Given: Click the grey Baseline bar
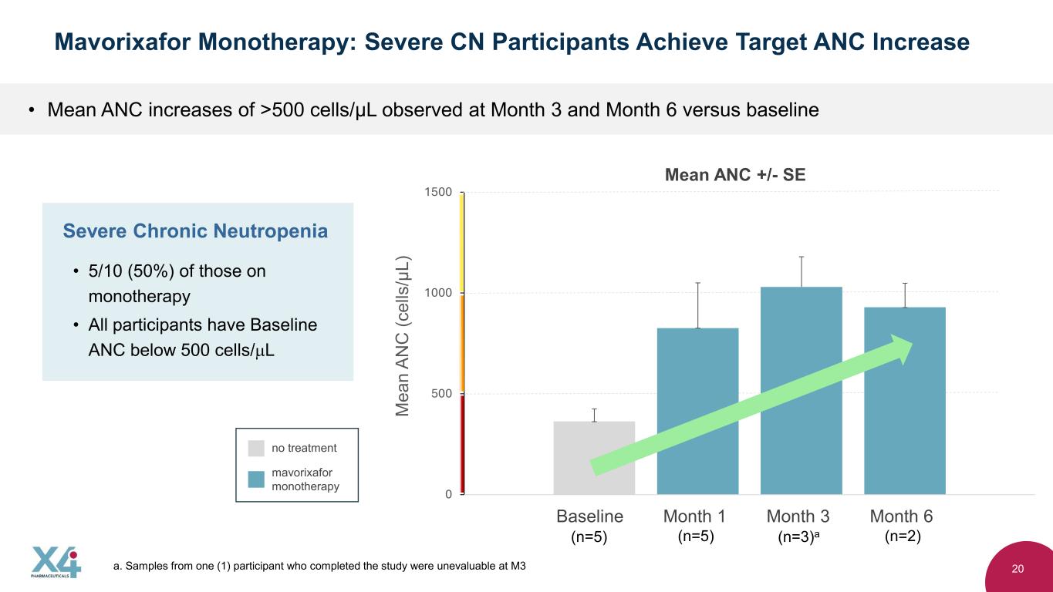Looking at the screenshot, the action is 594,458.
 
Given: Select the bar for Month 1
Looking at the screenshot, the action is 697,411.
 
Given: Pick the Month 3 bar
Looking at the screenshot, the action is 801,391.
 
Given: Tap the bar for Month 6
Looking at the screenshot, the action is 904,401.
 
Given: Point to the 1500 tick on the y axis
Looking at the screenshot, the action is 437,192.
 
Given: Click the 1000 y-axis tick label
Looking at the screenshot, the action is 437,293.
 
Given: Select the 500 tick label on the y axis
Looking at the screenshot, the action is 441,393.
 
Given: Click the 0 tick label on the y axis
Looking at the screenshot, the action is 448,494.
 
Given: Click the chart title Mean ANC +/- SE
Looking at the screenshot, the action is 735,175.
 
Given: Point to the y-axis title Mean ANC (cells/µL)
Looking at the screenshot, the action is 403,336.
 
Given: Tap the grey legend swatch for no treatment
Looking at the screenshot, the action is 256,448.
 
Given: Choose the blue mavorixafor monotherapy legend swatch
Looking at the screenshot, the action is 256,479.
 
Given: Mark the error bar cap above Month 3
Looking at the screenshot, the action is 802,257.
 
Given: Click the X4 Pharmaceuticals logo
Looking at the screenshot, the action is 56,563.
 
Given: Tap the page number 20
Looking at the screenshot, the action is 1018,569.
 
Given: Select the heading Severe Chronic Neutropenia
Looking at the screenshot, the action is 195,231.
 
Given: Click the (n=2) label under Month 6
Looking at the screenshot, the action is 903,536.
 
